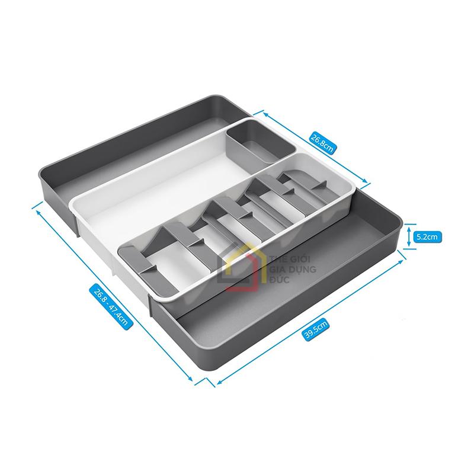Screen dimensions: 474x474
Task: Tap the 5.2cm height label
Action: click(x=427, y=236)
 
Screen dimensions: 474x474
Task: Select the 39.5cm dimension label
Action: click(x=315, y=330)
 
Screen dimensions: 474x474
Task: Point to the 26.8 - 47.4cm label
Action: click(x=111, y=306)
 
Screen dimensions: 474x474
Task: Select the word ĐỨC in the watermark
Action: click(x=279, y=279)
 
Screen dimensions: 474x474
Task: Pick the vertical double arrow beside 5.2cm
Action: click(x=409, y=236)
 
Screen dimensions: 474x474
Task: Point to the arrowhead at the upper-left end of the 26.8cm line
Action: click(x=265, y=114)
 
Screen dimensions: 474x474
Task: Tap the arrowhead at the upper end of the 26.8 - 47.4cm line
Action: click(x=39, y=212)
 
